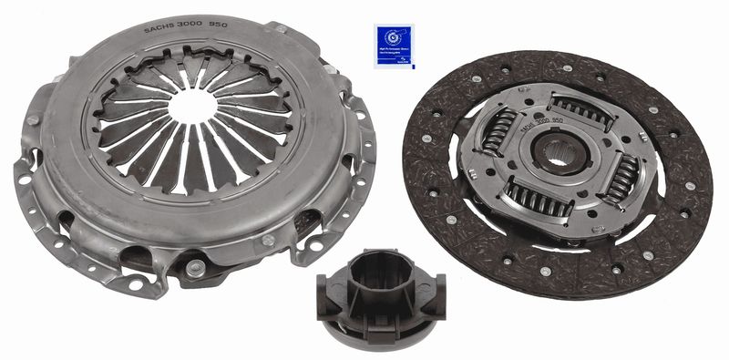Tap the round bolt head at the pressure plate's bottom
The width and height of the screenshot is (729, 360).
coord(194,267)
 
